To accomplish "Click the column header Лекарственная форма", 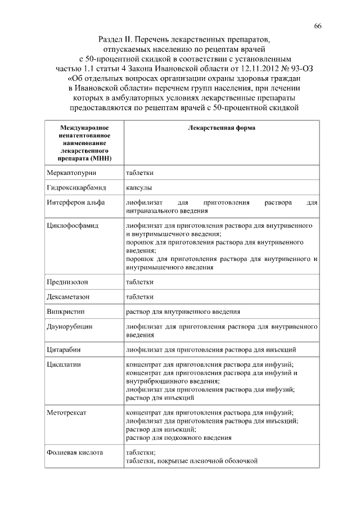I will click(x=221, y=128).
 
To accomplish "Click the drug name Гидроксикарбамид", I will click(x=73, y=187).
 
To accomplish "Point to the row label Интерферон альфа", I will click(x=72, y=202).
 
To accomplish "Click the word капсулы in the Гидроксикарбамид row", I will click(x=139, y=187).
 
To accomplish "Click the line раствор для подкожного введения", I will click(x=179, y=437).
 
